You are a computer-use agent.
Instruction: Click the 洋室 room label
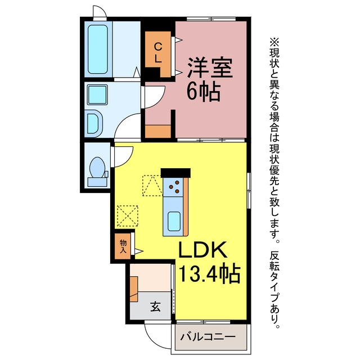pos(210,67)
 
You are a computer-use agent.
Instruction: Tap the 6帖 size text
pos(204,92)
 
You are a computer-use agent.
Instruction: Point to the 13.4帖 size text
pos(209,274)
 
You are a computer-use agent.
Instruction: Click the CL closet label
pos(157,53)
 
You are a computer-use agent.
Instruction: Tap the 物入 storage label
pos(123,246)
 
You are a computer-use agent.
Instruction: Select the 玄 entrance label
pos(155,307)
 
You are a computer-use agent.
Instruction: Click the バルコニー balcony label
pos(208,337)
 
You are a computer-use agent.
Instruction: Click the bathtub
pos(98,49)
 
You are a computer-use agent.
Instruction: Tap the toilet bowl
pos(97,168)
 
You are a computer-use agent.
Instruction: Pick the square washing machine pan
pos(97,94)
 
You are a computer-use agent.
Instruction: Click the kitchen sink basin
pos(174,221)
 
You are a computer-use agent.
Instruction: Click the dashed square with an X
pos(128,216)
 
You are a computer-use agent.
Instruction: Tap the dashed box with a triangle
pos(152,186)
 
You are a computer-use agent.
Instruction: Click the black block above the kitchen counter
pos(175,173)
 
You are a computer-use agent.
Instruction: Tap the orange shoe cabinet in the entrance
pos(134,289)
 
